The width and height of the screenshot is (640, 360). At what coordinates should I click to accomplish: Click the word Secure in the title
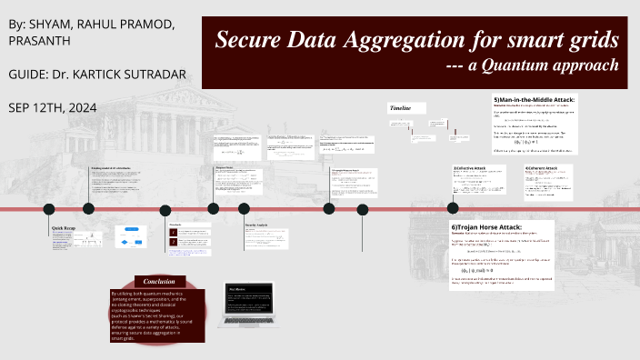250,40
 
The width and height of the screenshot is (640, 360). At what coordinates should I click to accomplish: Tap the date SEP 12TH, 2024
52,107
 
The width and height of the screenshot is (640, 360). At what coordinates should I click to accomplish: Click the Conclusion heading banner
159,282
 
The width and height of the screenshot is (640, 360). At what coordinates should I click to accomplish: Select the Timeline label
401,108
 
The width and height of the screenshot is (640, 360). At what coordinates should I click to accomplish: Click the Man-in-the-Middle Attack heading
535,99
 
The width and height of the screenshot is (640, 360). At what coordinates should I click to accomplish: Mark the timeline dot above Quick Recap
50,209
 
